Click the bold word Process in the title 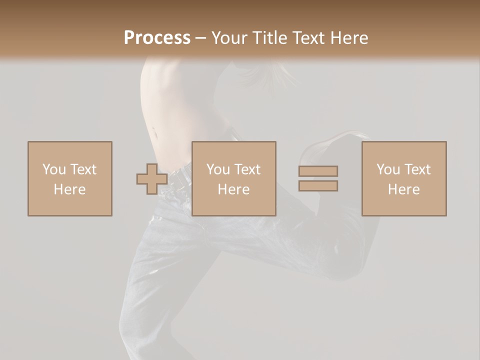coord(157,38)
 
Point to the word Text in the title coord(308,38)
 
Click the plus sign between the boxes coord(152,178)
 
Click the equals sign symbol coord(318,178)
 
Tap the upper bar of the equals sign coord(318,171)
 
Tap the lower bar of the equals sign coord(318,186)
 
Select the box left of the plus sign coord(70,178)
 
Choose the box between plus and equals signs coord(234,178)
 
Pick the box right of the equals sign coord(404,178)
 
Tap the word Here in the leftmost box coord(70,189)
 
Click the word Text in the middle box coord(247,169)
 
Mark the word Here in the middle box coord(234,189)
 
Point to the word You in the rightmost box coord(388,169)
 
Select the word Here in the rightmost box coord(404,189)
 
